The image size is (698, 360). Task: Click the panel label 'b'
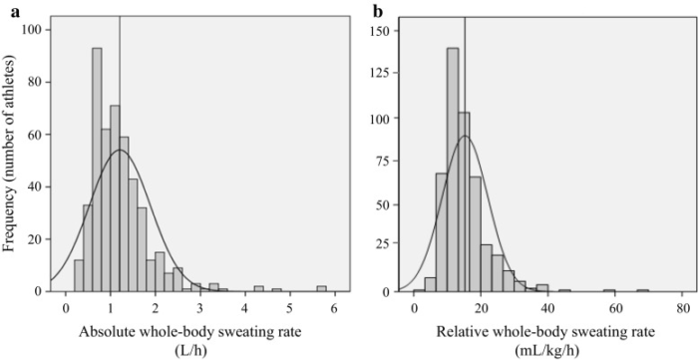tap(376, 12)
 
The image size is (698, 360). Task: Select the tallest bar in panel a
tap(97, 170)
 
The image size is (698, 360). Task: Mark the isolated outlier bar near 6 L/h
tap(321, 288)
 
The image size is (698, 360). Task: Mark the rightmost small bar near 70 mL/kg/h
tap(644, 290)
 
